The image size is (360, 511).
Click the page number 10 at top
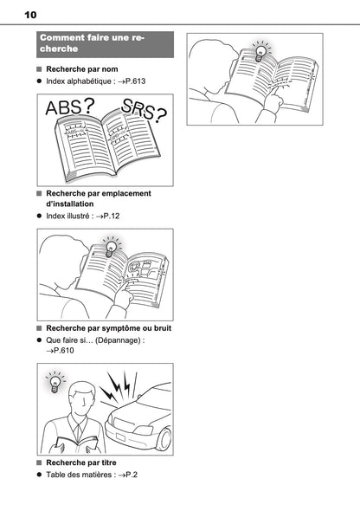pyautogui.click(x=30, y=15)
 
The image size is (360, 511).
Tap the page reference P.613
pyautogui.click(x=135, y=81)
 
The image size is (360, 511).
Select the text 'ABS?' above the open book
pyautogui.click(x=70, y=107)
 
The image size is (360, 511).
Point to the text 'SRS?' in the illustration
pyautogui.click(x=144, y=109)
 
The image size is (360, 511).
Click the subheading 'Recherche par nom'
pyautogui.click(x=82, y=69)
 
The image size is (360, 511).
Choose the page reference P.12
pyautogui.click(x=112, y=216)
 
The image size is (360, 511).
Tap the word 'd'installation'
pyautogui.click(x=70, y=204)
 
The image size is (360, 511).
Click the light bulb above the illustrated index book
pyautogui.click(x=111, y=248)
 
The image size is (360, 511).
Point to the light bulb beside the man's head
pyautogui.click(x=55, y=382)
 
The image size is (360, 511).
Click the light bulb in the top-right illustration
pyautogui.click(x=260, y=53)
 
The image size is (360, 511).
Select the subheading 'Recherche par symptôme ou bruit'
pyautogui.click(x=109, y=328)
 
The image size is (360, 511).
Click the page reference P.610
pyautogui.click(x=64, y=351)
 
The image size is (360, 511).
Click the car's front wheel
pyautogui.click(x=164, y=438)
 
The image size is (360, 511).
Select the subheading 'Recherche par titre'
pyautogui.click(x=81, y=462)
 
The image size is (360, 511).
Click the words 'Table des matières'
pyautogui.click(x=79, y=475)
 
